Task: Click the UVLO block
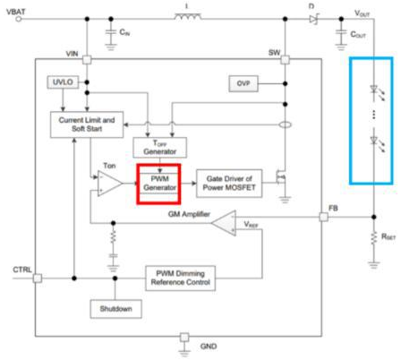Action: click(63, 82)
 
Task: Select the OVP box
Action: click(243, 83)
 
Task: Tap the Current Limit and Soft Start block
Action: click(87, 124)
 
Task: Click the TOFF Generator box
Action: click(160, 148)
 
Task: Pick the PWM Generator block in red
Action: click(159, 184)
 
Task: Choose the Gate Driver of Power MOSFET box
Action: click(229, 184)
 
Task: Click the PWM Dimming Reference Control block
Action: click(180, 279)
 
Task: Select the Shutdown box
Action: click(115, 309)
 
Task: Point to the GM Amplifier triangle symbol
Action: click(225, 223)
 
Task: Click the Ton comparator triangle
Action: click(109, 184)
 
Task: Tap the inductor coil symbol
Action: click(188, 17)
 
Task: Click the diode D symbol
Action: click(314, 19)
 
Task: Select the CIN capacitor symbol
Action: click(111, 33)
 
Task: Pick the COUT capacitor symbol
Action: click(341, 33)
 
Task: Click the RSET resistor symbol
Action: click(373, 239)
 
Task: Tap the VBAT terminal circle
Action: click(19, 19)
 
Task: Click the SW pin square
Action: click(286, 60)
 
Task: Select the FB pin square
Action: click(324, 217)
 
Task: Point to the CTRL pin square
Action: click(38, 279)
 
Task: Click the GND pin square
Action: click(184, 338)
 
